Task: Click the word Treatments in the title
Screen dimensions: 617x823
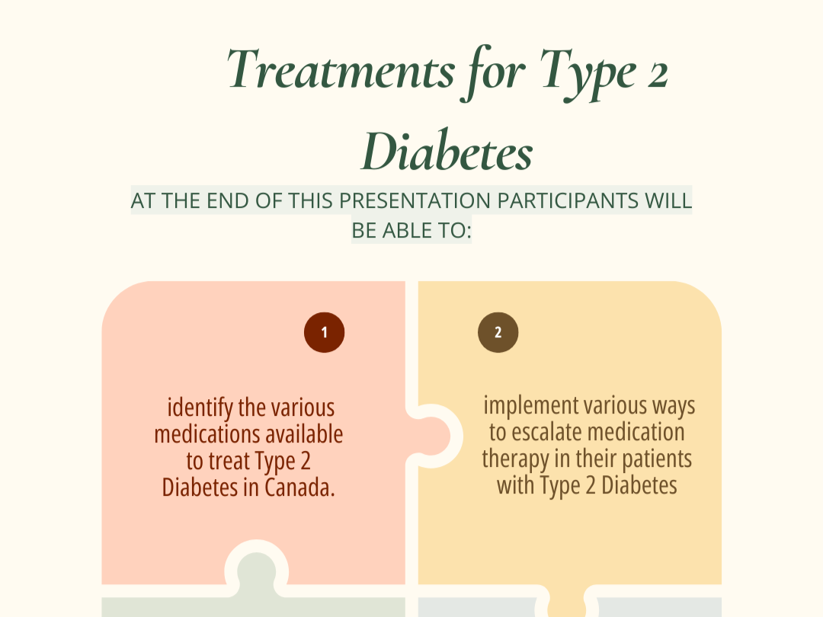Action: click(x=339, y=70)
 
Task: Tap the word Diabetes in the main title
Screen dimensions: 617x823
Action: click(x=446, y=152)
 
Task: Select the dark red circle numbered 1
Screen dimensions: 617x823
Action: click(x=324, y=333)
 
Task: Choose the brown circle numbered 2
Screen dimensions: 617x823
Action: click(x=498, y=333)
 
